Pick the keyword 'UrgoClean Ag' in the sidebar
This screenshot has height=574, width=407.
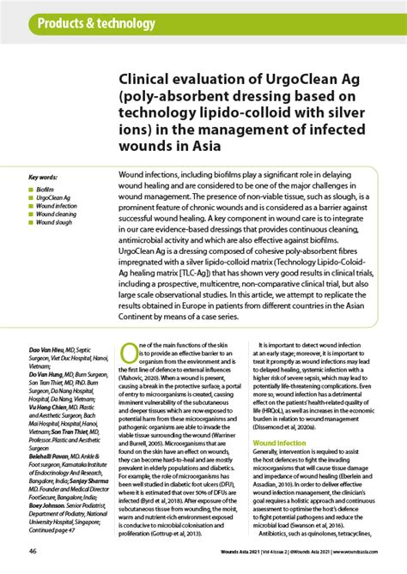coord(54,198)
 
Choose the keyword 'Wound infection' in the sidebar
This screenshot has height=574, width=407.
coord(57,207)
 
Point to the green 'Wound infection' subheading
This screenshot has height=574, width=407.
coord(279,443)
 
